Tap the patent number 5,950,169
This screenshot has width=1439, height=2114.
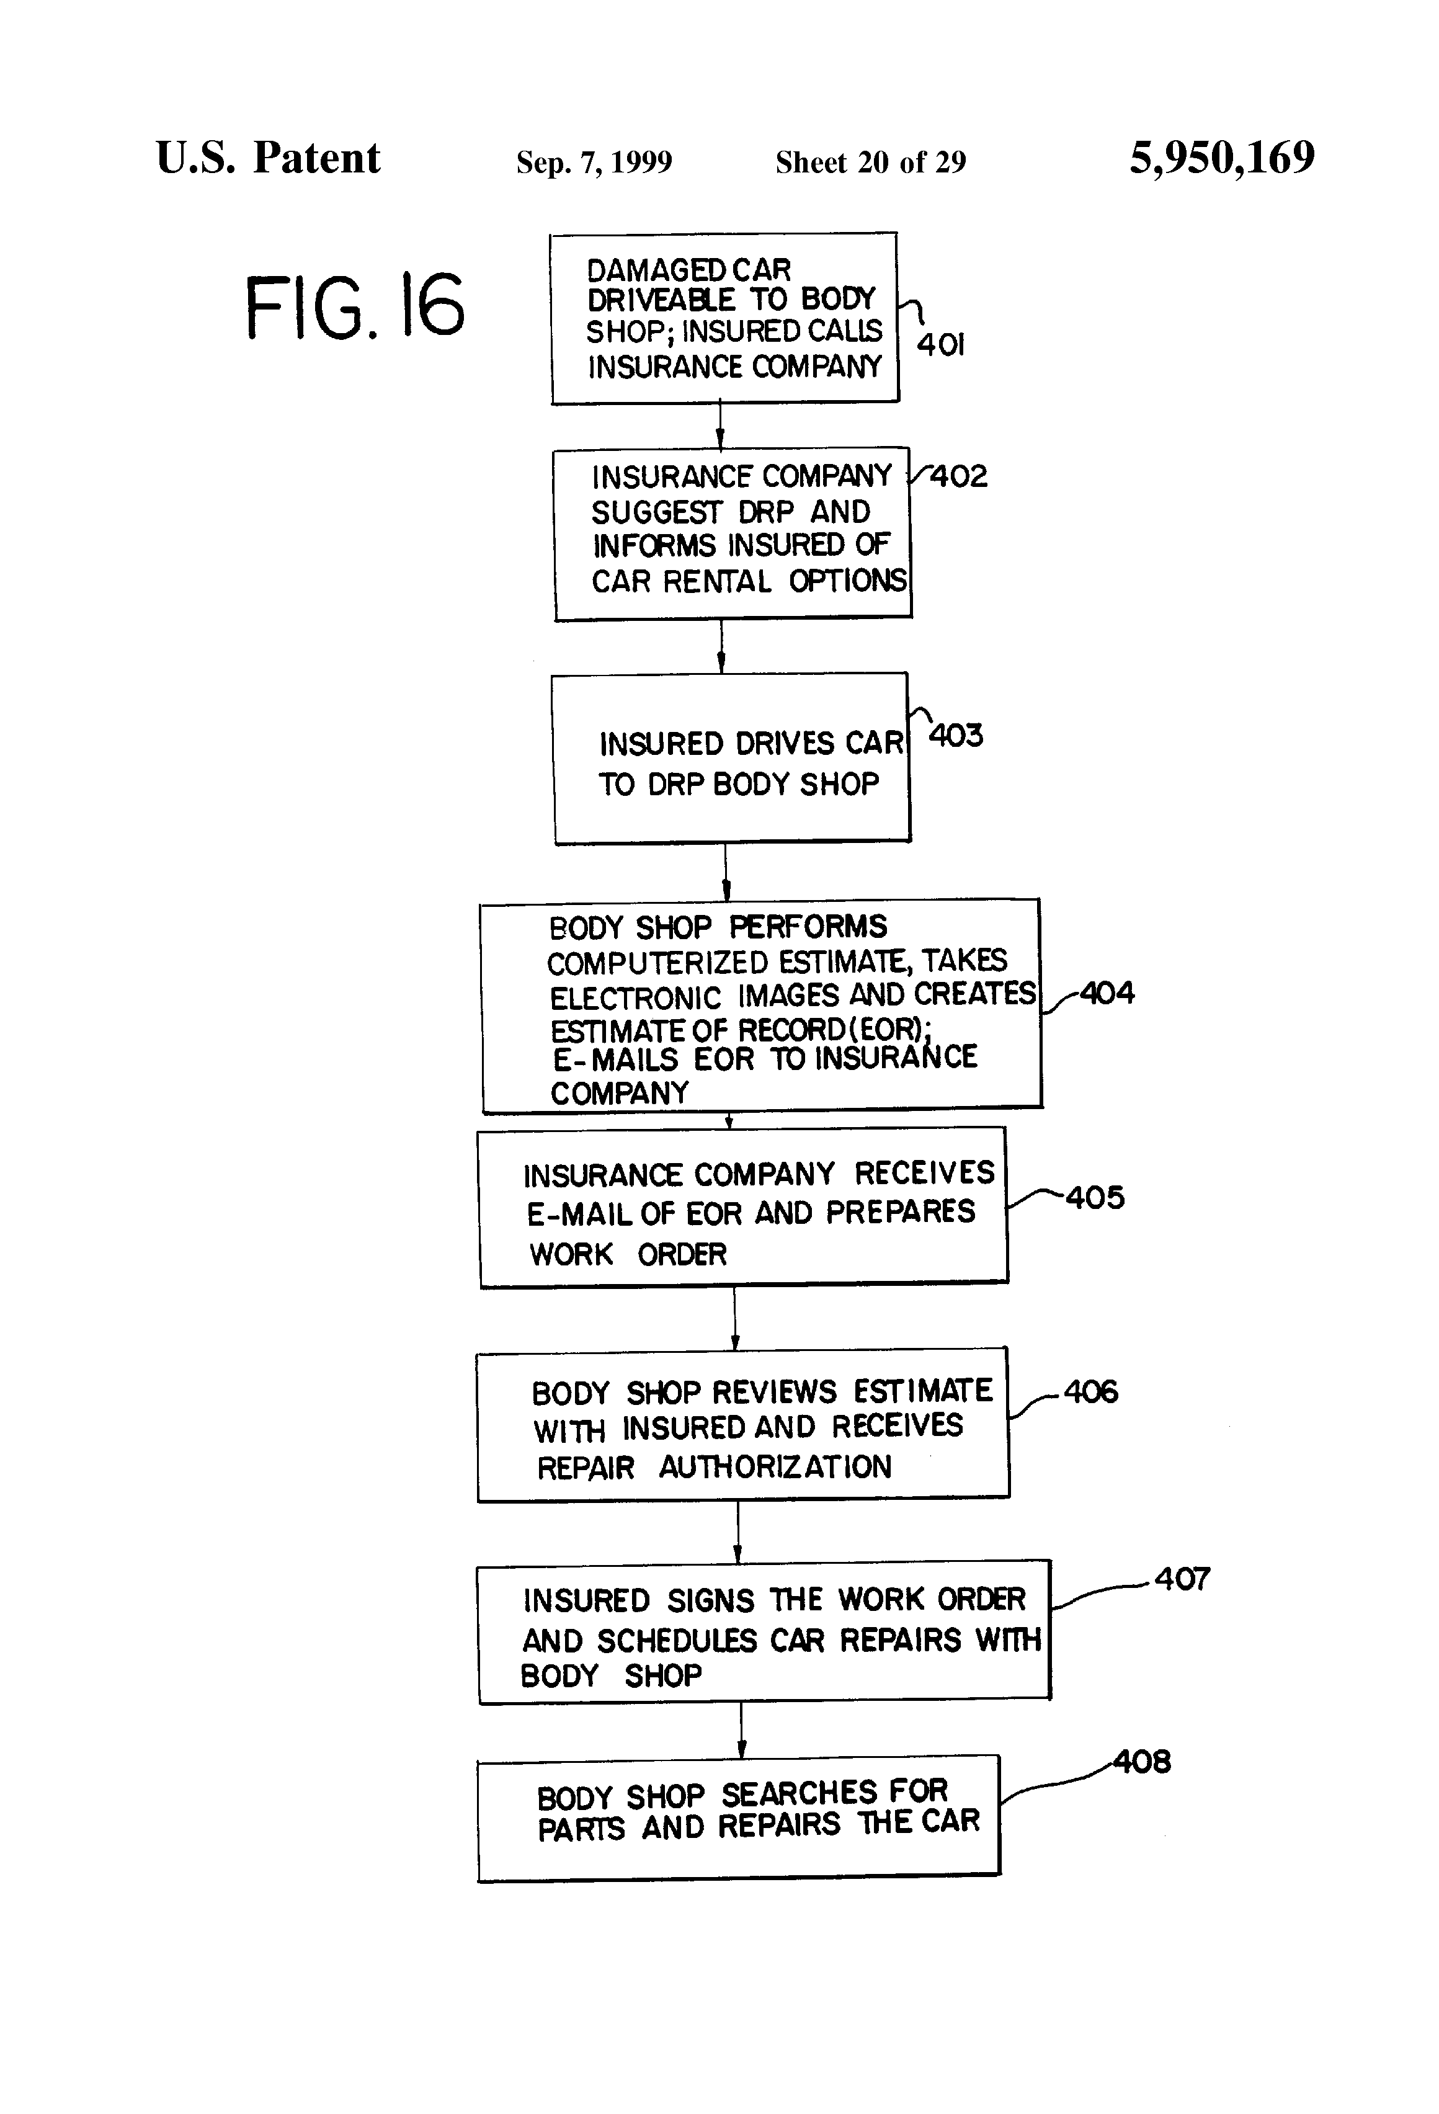[x=1222, y=158]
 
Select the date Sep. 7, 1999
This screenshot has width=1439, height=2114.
[x=594, y=162]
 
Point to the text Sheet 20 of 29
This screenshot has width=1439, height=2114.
[x=870, y=162]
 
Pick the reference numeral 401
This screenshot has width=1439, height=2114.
[x=940, y=344]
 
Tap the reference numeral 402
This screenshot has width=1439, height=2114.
[x=958, y=476]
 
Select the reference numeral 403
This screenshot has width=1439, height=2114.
[x=955, y=735]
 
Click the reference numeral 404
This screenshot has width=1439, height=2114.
[x=1107, y=992]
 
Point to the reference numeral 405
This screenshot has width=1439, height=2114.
[x=1095, y=1197]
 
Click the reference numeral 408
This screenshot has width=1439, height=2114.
[x=1143, y=1762]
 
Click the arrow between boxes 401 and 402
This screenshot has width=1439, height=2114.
[x=719, y=425]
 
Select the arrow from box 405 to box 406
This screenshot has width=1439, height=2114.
[x=735, y=1318]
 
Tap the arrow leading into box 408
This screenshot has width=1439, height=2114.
[x=741, y=1729]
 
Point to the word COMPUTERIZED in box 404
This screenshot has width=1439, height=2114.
[x=657, y=962]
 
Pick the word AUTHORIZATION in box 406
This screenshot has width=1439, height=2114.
[x=775, y=1467]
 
